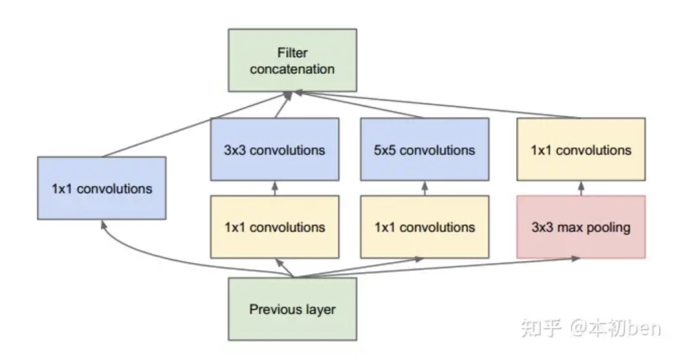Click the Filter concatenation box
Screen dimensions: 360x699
[293, 60]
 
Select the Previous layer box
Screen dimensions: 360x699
[293, 309]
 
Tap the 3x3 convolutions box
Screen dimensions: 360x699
[274, 150]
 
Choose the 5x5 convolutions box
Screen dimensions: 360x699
[425, 150]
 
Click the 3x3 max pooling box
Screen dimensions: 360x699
[581, 227]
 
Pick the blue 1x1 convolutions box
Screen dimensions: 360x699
[102, 188]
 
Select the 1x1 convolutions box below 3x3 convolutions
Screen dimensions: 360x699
[274, 227]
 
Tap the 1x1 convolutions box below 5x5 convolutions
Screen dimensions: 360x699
[425, 227]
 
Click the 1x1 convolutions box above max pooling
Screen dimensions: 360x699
[581, 150]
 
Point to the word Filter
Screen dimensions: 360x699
[293, 52]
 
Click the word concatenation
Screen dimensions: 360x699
[293, 69]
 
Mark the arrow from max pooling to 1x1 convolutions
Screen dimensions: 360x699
[581, 188]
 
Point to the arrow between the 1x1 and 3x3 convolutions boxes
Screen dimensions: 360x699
[274, 188]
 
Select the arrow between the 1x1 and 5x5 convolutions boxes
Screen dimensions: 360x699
[425, 188]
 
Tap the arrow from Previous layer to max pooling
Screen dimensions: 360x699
[453, 267]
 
